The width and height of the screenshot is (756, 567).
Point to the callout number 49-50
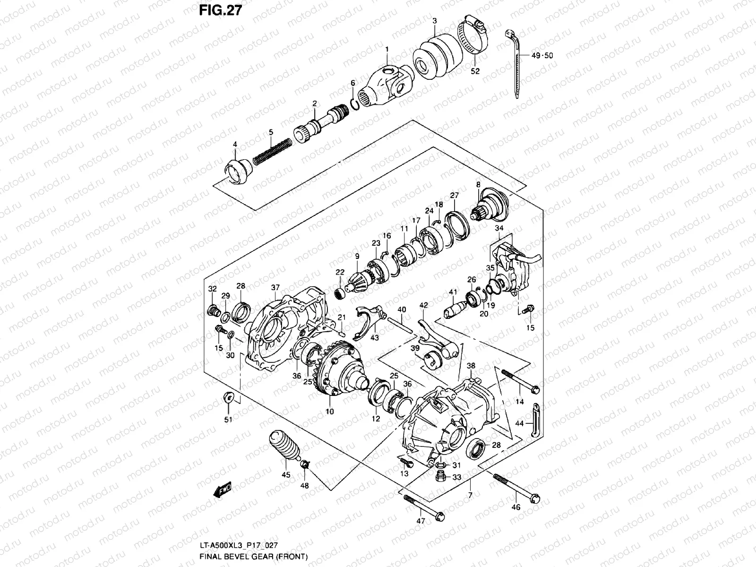click(x=542, y=55)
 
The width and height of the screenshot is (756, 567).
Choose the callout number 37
click(x=275, y=287)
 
